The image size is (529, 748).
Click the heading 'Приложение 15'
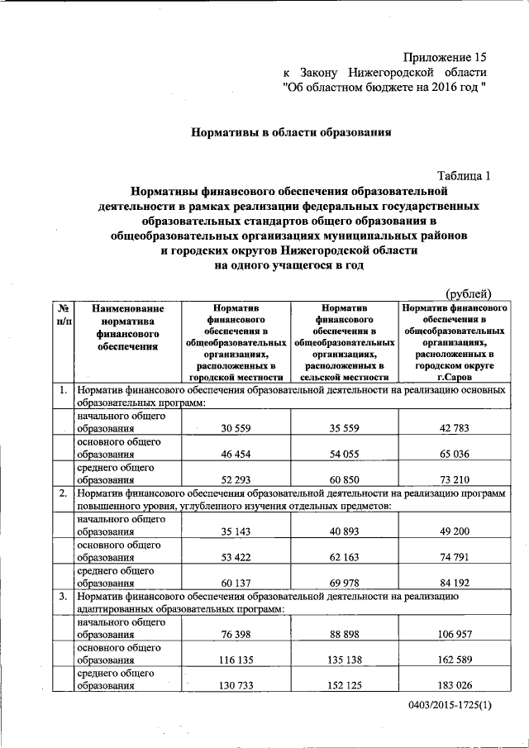444,57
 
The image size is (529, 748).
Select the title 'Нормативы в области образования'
290,132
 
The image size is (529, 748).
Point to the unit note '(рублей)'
469,293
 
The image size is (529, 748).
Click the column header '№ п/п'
63,314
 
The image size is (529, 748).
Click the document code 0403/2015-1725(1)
450,705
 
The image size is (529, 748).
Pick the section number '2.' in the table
63,493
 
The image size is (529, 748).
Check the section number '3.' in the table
63,597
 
